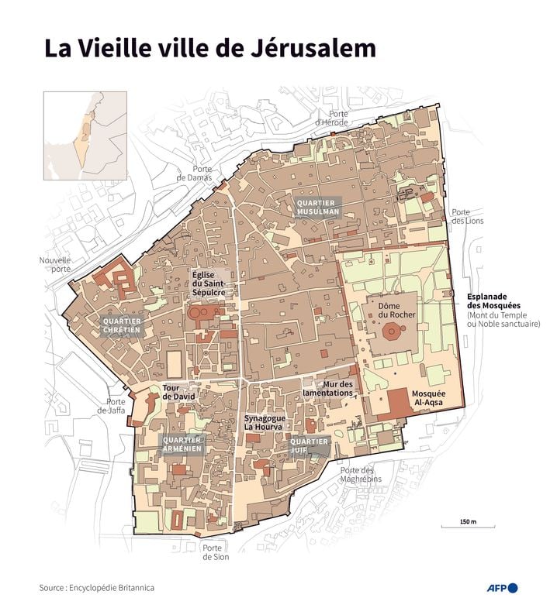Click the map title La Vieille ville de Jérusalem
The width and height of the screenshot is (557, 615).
pos(210,49)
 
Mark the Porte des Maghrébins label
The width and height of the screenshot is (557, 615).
pos(357,474)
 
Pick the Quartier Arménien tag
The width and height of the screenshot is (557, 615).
pos(182,444)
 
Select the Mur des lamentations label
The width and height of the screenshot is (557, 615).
pos(336,388)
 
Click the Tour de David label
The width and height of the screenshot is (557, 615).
pos(178,392)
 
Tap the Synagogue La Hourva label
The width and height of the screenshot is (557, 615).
pos(265,423)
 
